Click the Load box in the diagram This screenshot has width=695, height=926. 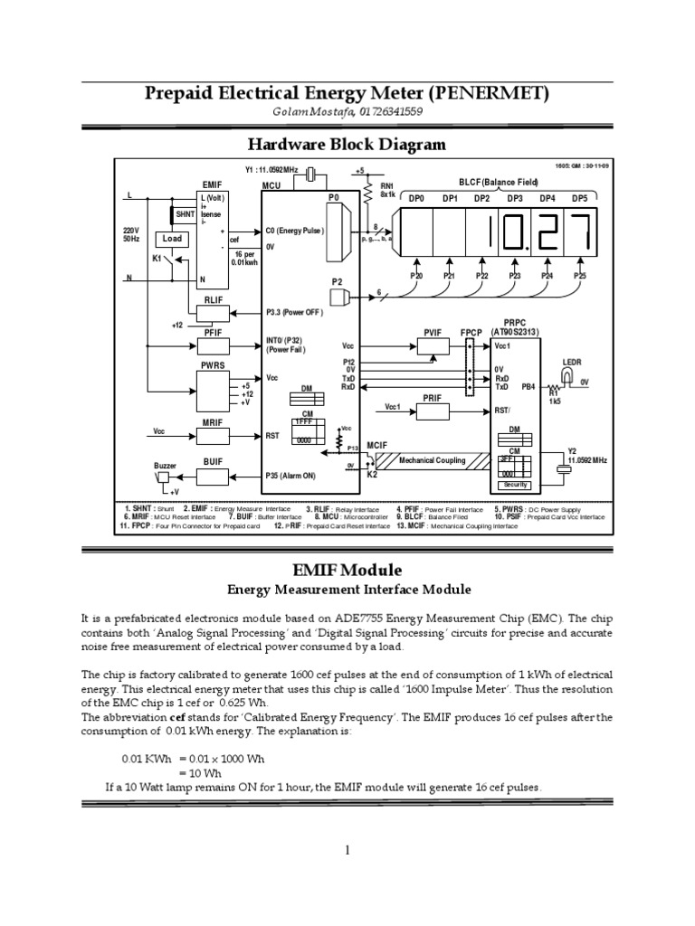(172, 239)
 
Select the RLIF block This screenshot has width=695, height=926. (213, 313)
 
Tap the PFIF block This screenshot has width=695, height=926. (213, 345)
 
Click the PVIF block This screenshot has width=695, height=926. (431, 345)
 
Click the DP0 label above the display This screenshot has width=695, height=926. (416, 198)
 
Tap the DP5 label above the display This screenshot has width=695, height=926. (579, 198)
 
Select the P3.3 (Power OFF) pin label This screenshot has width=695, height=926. (294, 314)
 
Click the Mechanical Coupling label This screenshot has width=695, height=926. (432, 460)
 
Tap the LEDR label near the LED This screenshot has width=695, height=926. (572, 361)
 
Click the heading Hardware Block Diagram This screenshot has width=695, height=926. (347, 144)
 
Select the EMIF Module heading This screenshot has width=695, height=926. (347, 571)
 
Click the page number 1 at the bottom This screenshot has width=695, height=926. (347, 849)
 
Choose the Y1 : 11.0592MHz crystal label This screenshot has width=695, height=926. (272, 168)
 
